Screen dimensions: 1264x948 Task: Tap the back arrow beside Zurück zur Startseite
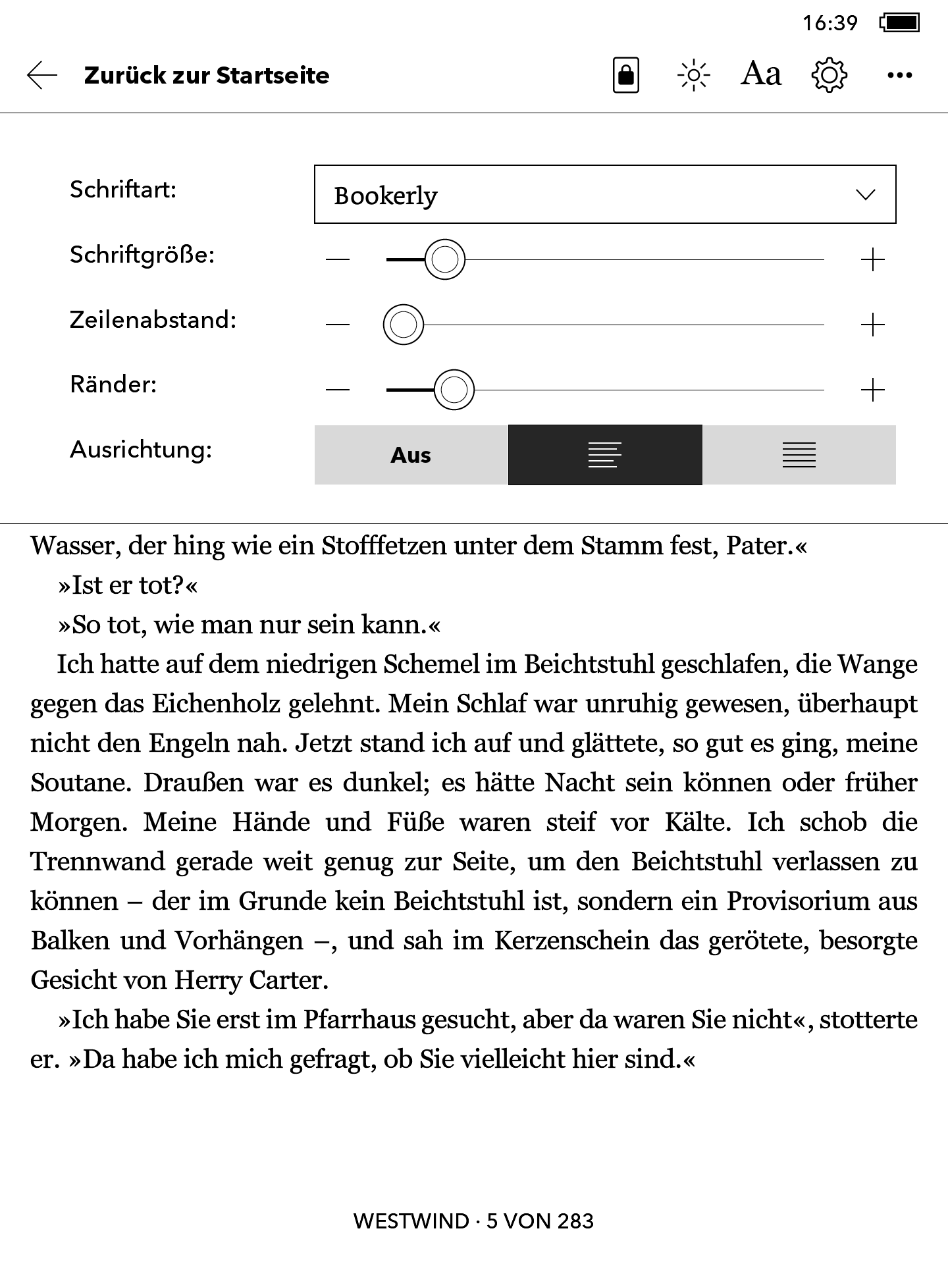42,75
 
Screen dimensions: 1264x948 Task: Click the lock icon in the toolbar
625,75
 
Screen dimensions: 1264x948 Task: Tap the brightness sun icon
693,75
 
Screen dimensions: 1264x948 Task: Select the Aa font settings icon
761,74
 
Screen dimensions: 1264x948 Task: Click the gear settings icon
829,75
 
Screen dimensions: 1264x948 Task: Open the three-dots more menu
899,75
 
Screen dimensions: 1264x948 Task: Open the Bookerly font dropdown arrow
865,195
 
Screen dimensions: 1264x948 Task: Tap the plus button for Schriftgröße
873,260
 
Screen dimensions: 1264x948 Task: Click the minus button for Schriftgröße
338,260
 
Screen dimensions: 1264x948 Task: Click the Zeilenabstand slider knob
404,325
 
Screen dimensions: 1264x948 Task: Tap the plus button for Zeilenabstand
873,325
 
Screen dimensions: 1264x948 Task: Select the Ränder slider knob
454,390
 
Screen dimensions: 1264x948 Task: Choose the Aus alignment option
411,455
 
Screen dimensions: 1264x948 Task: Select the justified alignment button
799,455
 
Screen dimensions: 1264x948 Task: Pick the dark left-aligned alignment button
605,455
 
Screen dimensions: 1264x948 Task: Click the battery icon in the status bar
900,23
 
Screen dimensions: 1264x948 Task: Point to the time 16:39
829,24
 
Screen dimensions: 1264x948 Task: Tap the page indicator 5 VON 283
540,1221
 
